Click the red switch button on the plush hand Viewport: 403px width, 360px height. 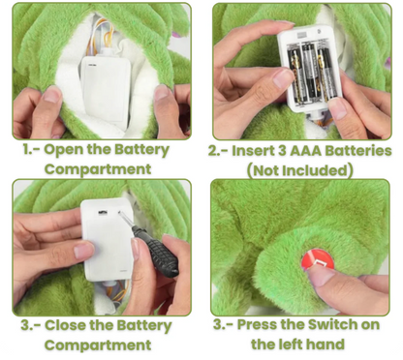tap(318, 261)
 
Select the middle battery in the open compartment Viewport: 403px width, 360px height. tap(308, 72)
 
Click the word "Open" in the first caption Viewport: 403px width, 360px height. tap(61, 150)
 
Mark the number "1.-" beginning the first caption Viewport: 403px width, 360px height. tap(32, 150)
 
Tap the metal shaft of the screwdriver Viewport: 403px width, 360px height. tap(128, 220)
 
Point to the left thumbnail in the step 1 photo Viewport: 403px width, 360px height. tap(52, 94)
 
